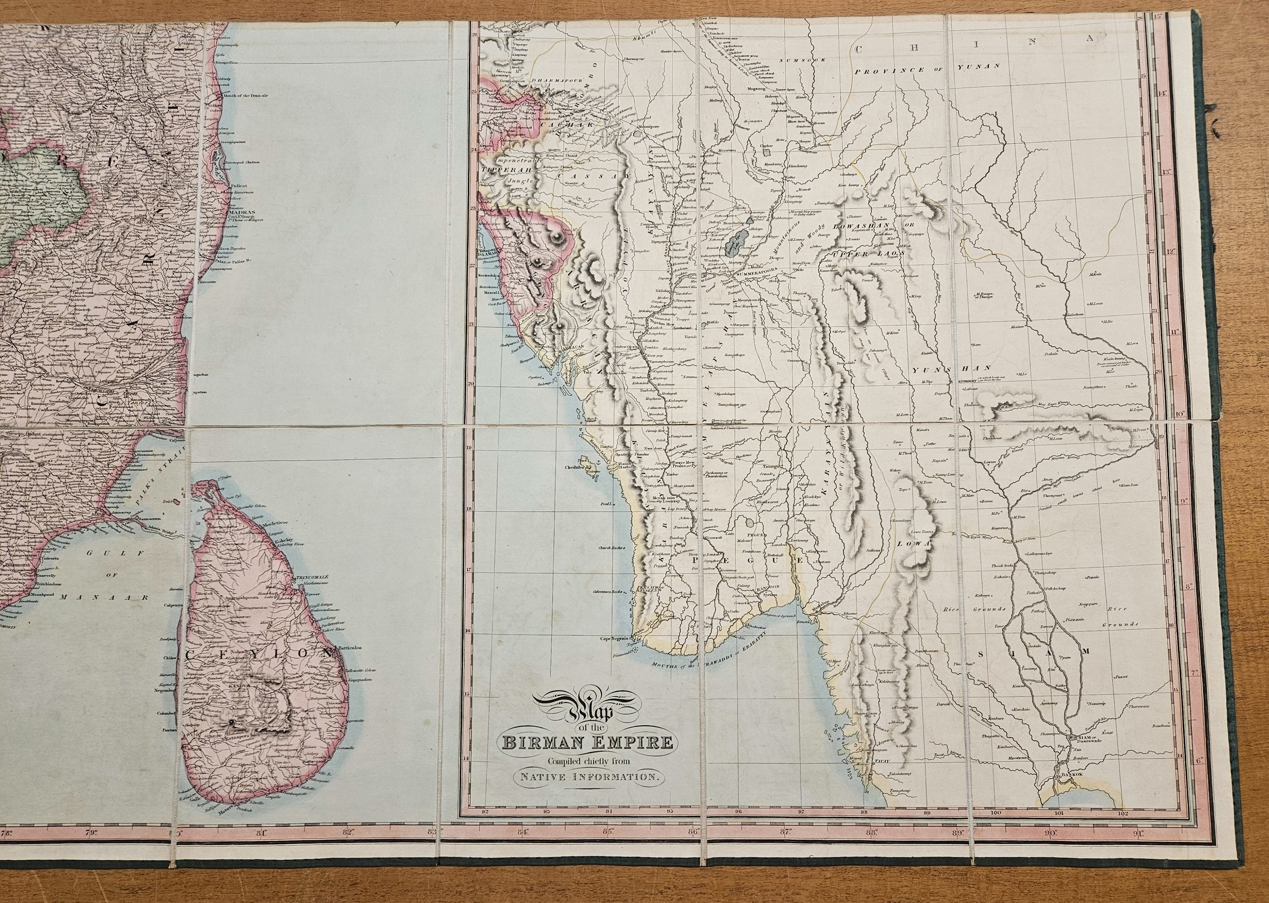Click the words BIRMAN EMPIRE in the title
click(x=588, y=743)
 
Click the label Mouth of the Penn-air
click(x=245, y=95)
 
